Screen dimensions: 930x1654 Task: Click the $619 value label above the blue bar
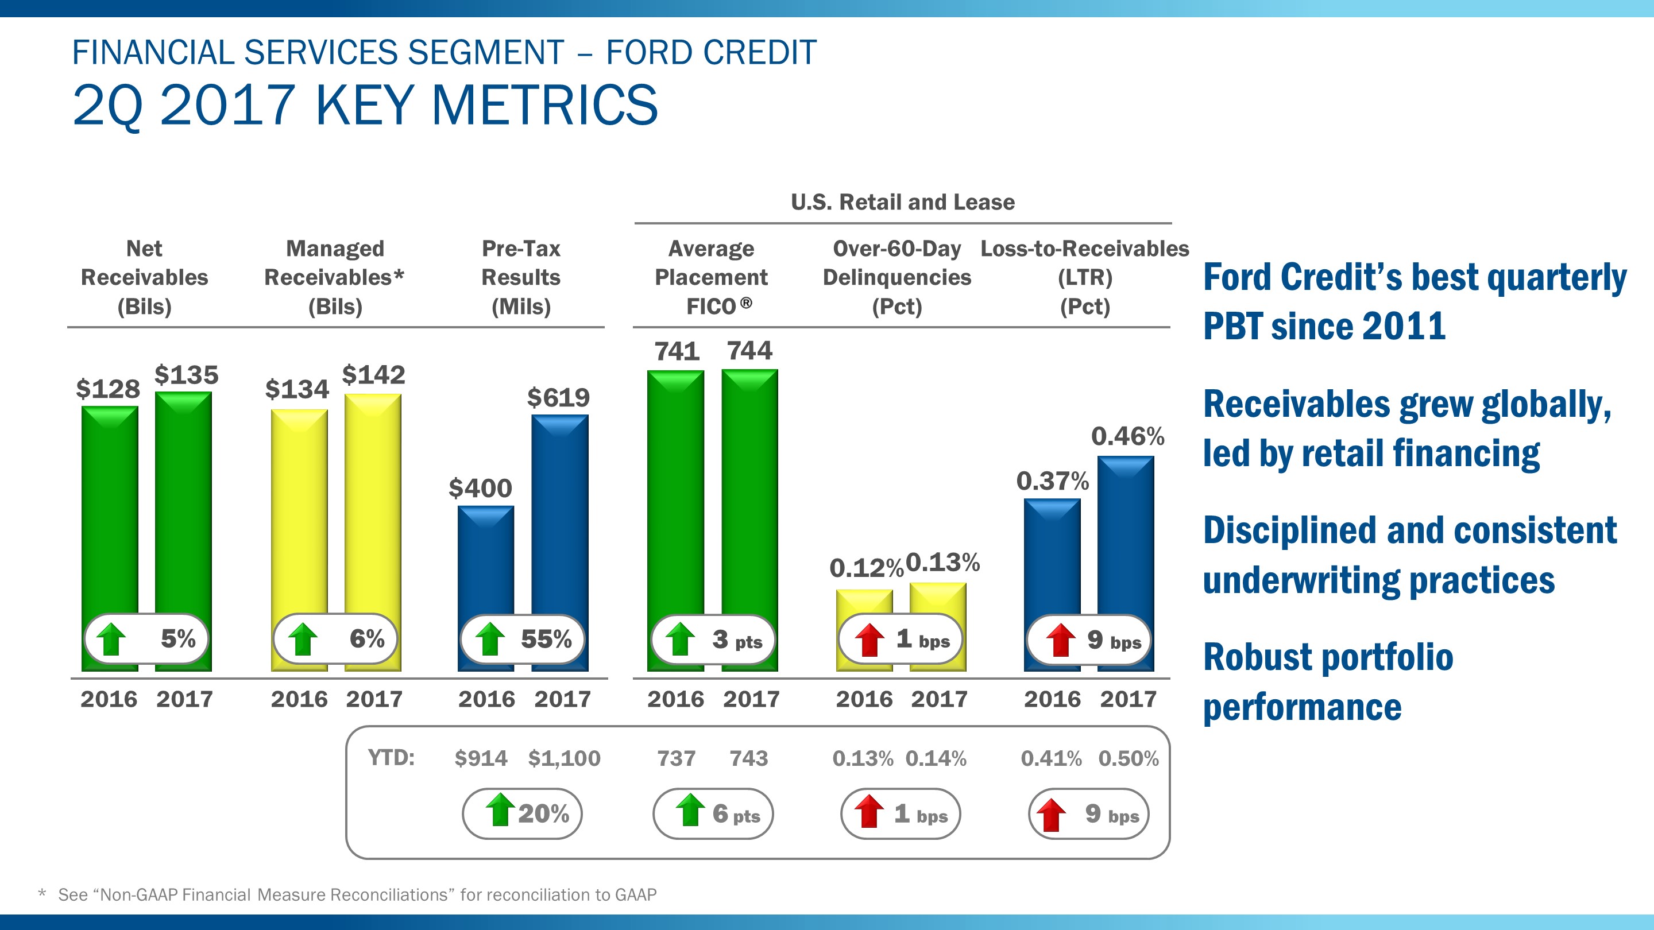click(x=558, y=398)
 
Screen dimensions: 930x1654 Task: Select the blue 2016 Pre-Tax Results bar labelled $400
click(x=485, y=559)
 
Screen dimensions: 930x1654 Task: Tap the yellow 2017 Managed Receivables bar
click(x=372, y=501)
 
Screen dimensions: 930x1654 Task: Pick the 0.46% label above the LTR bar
click(x=1127, y=436)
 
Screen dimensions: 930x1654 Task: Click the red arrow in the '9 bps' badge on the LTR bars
click(x=1061, y=640)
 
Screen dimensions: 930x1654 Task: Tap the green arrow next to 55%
click(x=490, y=640)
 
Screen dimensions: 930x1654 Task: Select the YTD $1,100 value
click(x=564, y=758)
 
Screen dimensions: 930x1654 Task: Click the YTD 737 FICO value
click(x=676, y=758)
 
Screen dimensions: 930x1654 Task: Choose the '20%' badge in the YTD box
click(x=522, y=813)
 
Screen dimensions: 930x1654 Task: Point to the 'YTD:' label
click(x=391, y=758)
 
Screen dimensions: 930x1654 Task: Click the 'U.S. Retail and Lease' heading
click(x=902, y=202)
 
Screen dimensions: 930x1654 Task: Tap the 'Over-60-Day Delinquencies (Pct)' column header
click(x=896, y=277)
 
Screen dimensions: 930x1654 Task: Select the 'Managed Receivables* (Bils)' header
click(x=334, y=277)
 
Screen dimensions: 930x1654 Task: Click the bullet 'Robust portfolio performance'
click(x=1327, y=681)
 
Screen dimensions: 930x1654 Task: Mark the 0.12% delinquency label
click(x=865, y=568)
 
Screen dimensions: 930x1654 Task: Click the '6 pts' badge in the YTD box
click(x=713, y=814)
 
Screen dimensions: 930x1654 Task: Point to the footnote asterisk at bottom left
click(x=42, y=893)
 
